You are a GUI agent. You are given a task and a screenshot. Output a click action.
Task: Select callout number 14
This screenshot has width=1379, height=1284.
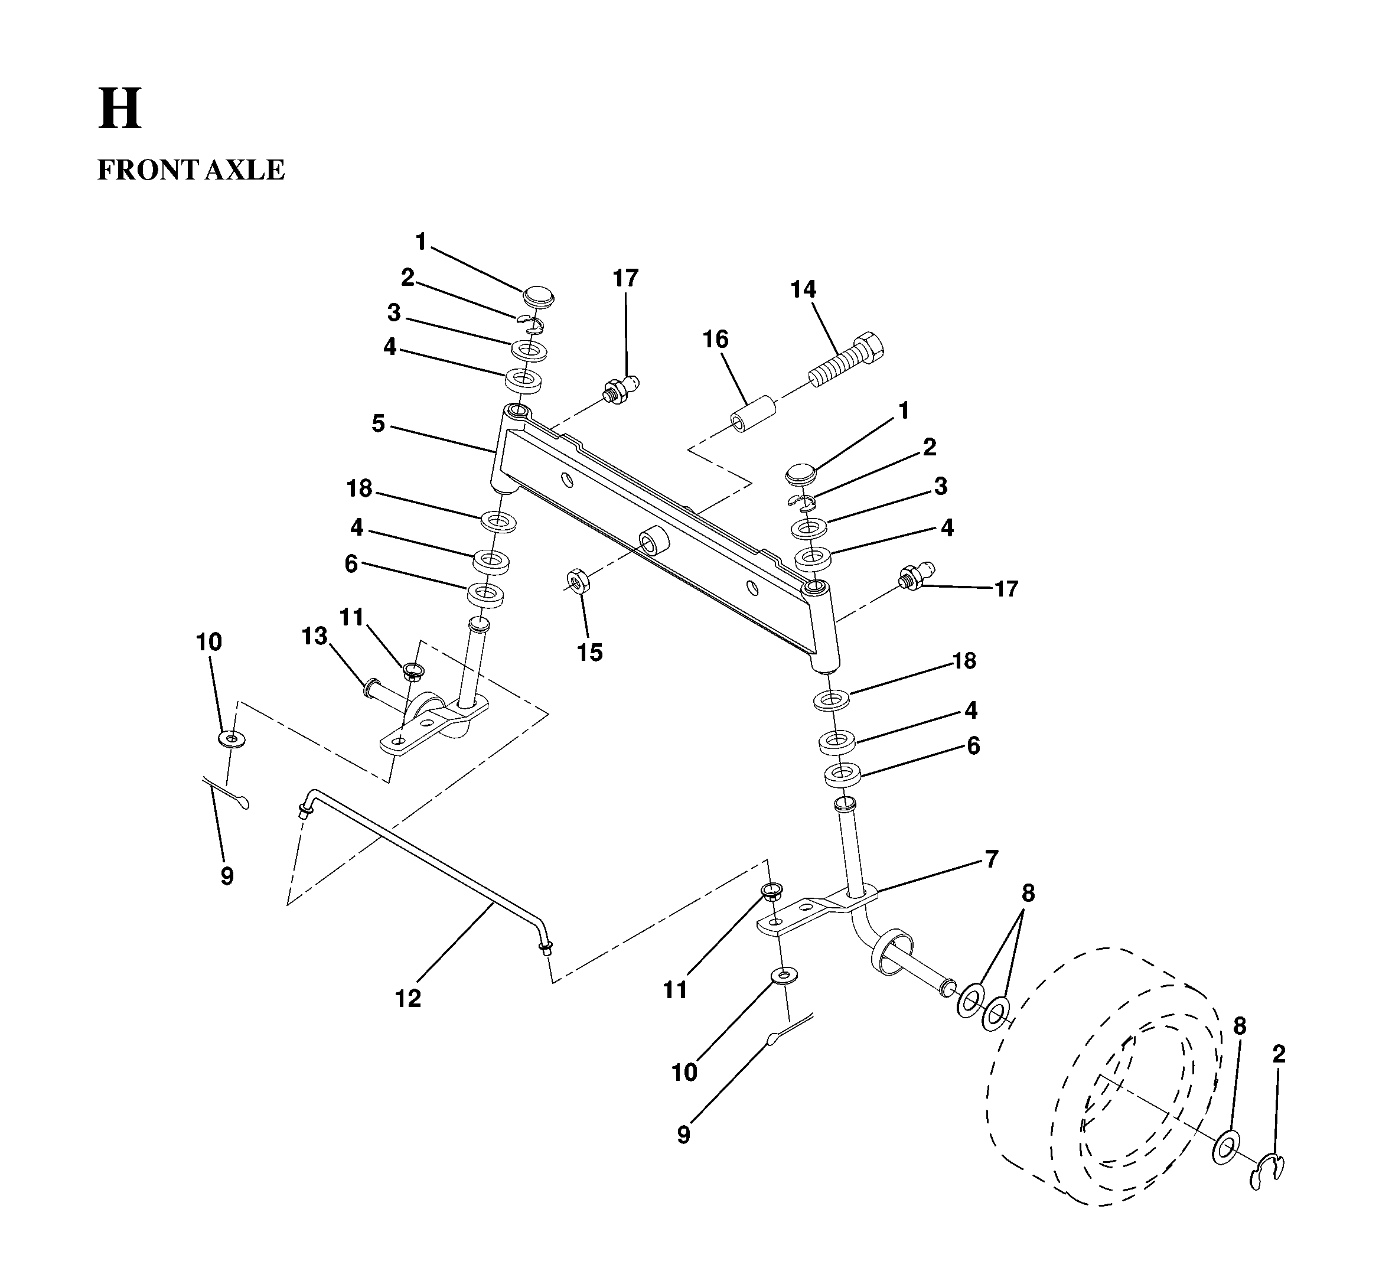coord(803,289)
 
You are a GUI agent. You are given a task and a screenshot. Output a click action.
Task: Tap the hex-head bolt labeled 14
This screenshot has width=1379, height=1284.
coord(847,359)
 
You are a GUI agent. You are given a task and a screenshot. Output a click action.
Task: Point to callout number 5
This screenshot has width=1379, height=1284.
coord(378,424)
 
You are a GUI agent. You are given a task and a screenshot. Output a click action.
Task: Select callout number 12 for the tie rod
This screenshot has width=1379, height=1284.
coord(408,998)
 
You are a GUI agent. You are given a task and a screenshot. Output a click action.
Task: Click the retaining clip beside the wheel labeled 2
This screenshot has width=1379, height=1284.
coord(1267,1172)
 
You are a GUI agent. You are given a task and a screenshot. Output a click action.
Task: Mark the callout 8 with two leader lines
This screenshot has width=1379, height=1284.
coord(1028,894)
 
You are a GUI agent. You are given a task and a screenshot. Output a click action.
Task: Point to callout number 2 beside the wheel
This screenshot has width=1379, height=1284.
coord(1279,1054)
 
